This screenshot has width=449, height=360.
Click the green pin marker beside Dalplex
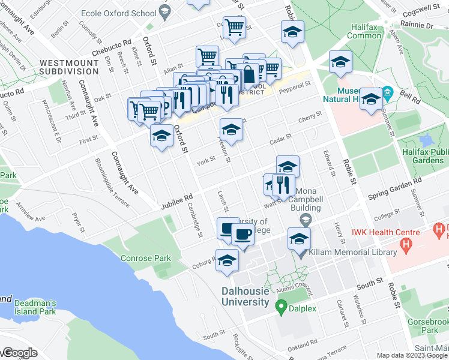tap(280, 308)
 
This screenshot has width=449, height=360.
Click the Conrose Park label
tap(145, 259)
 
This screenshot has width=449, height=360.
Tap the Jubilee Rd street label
tap(176, 201)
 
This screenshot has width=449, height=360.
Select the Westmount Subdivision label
tap(66, 67)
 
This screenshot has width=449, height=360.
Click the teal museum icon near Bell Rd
tap(387, 93)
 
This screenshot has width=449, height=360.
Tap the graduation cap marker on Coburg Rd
tap(228, 260)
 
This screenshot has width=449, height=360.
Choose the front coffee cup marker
tap(243, 234)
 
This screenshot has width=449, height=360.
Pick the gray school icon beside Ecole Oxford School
tap(165, 11)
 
